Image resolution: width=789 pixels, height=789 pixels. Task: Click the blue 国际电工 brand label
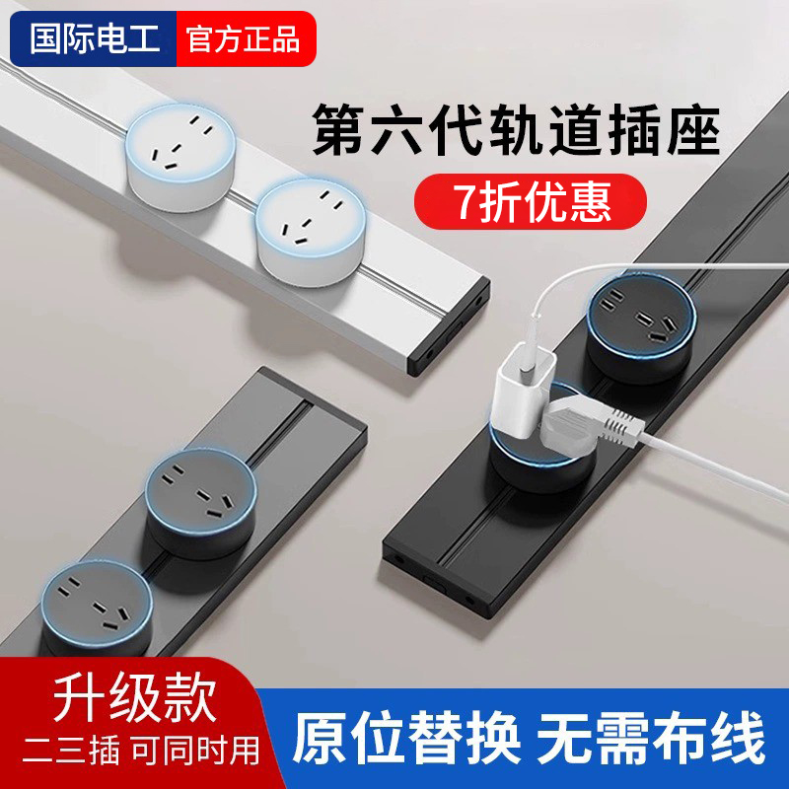tap(91, 39)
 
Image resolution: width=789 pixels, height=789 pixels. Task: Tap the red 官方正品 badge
tap(244, 39)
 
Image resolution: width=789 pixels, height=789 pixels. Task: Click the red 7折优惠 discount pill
tap(531, 200)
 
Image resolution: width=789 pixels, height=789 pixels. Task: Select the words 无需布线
tap(651, 738)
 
